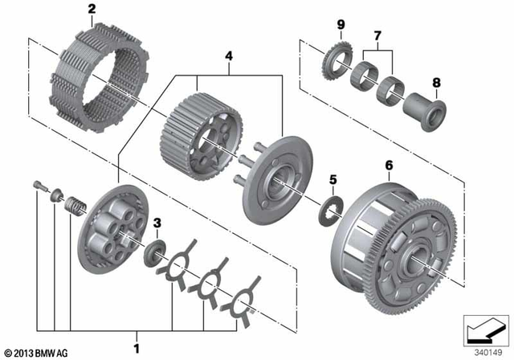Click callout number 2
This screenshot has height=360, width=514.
[x=91, y=10]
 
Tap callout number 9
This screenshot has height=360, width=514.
[x=341, y=25]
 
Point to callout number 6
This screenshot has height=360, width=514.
[x=390, y=166]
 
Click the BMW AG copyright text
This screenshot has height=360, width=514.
[x=35, y=352]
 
